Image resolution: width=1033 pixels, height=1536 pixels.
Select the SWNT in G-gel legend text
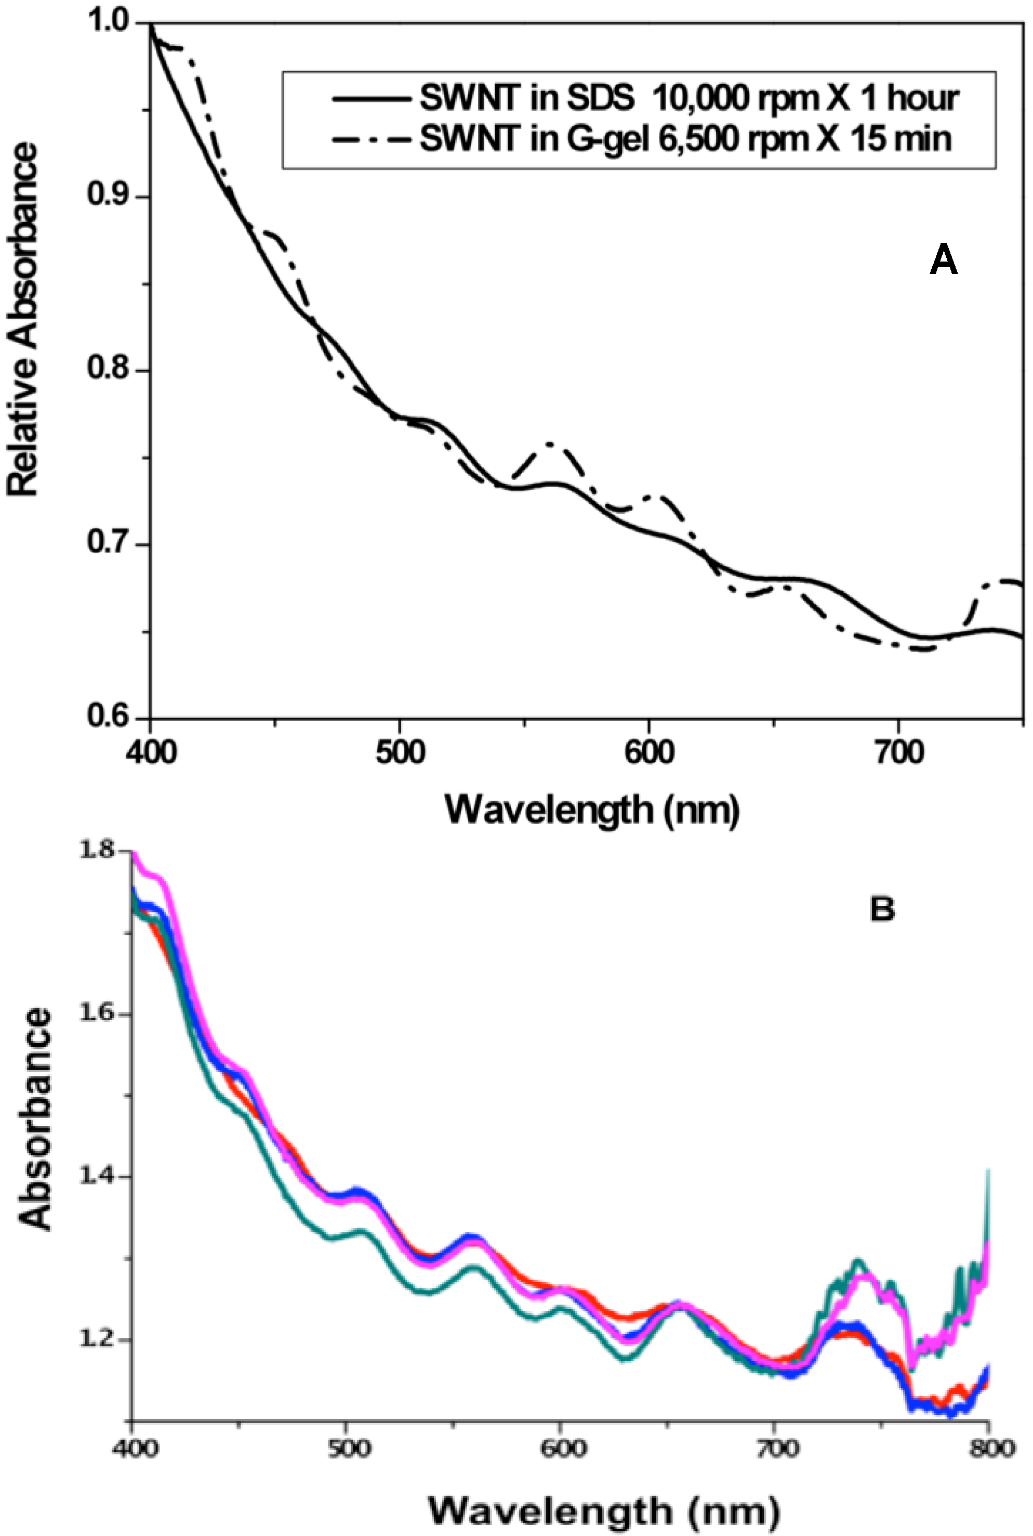[x=685, y=139]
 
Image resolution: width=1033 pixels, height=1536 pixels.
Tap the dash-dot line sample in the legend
[x=372, y=140]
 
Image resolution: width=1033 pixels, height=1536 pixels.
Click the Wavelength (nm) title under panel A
[x=592, y=809]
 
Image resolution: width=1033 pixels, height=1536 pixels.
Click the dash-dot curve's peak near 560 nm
[x=549, y=445]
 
